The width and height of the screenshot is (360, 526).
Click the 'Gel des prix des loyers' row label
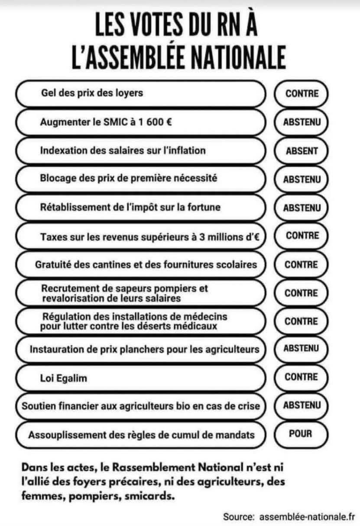pos(91,93)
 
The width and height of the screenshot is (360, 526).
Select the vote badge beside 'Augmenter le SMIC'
pos(302,122)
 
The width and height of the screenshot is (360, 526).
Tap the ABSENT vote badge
pos(302,151)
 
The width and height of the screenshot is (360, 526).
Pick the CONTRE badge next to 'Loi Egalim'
pos(302,377)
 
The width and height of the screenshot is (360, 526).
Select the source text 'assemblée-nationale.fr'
pos(307,516)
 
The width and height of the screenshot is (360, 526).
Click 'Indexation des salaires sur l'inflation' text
pos(123,150)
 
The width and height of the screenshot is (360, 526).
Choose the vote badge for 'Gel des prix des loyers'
pos(302,93)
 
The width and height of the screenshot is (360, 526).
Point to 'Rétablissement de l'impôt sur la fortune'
pos(130,208)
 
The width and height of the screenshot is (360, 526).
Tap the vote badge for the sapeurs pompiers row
pos(302,293)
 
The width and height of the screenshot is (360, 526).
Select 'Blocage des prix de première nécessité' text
pos(128,179)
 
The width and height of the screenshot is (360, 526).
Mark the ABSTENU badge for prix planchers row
pos(302,348)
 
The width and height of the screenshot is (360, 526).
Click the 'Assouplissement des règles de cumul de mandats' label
pos(141,434)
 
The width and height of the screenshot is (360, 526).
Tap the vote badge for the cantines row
pos(302,264)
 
